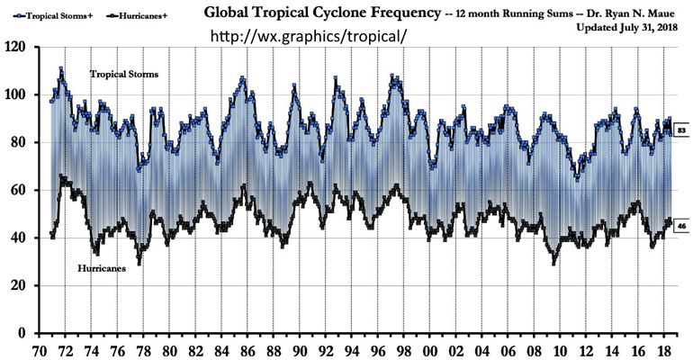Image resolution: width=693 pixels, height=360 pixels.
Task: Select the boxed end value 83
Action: [x=681, y=131]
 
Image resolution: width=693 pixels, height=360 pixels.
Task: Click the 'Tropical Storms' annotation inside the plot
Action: [x=124, y=74]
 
